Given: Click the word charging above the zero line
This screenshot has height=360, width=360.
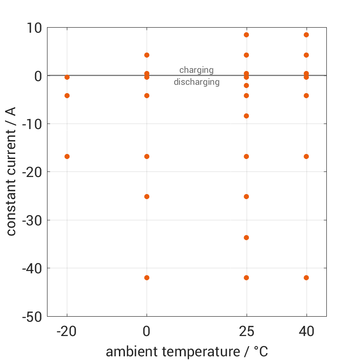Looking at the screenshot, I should coord(196,70).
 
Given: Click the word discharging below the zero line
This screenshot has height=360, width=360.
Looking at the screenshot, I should coord(196,83).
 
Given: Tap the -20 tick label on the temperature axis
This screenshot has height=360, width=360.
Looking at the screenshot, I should coord(67,331).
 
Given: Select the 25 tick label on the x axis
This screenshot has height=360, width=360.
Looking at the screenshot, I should coord(246,331).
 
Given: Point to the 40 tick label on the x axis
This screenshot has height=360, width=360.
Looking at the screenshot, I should coord(306,331).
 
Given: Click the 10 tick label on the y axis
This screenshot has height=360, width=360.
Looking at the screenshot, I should coord(31,28).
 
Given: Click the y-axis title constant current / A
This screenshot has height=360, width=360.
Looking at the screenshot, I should coord(11,171).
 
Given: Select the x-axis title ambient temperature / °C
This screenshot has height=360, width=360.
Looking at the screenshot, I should coord(187,352).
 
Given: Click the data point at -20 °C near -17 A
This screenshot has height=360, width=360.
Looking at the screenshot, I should coord(67,156).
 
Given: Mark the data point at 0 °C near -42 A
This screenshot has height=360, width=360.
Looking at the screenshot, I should coord(147,277).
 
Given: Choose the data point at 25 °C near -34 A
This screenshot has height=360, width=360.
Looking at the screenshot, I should coord(246,237).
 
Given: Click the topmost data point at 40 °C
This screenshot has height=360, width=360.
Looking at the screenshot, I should coord(306,35).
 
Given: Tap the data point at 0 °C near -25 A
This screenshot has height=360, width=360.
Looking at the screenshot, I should coord(147,196).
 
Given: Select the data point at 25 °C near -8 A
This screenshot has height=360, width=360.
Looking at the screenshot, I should coord(246,116).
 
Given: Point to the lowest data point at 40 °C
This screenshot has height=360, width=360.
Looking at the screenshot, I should coord(306,277).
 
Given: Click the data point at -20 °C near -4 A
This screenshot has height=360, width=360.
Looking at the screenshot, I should coord(67,95).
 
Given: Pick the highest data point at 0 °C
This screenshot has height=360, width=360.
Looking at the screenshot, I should coord(147,55).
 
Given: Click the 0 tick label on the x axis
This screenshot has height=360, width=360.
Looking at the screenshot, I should coord(147,331).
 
